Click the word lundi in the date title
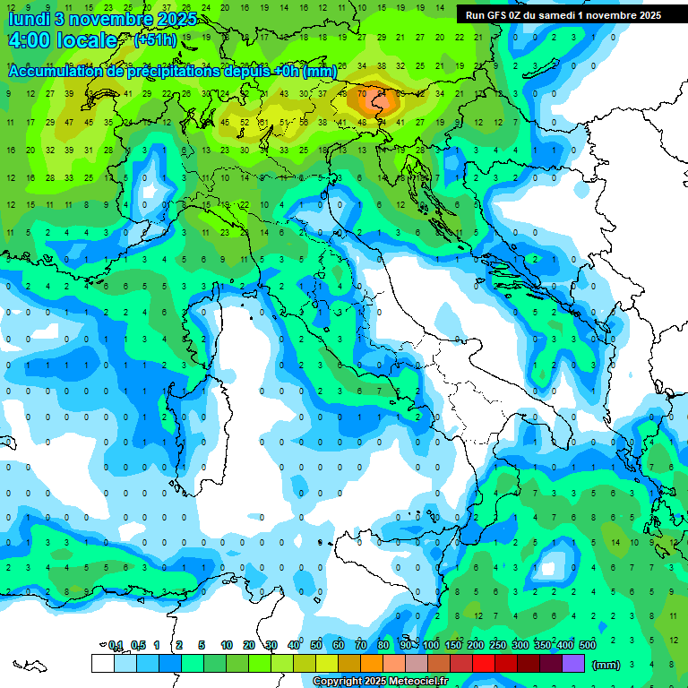(x=29, y=17)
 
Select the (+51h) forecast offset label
(x=155, y=40)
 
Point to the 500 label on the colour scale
(x=588, y=645)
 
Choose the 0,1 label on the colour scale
(x=116, y=645)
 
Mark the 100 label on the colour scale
(x=431, y=645)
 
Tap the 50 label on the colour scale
(x=316, y=645)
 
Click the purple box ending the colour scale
(x=573, y=663)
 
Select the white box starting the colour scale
(x=103, y=663)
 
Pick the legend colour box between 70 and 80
(x=372, y=663)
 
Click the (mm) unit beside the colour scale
(x=606, y=665)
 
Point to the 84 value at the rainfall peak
(x=382, y=92)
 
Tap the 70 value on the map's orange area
(x=362, y=92)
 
